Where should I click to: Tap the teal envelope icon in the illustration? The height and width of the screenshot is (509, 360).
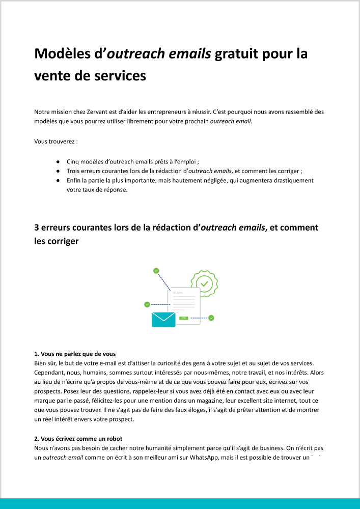point(163,319)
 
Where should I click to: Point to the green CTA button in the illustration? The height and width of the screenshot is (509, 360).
point(183,318)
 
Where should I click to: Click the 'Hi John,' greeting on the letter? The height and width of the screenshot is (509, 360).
point(178,293)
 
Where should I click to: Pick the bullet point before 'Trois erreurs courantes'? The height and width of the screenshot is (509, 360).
point(59,171)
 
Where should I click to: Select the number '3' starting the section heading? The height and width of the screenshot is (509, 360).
point(37,227)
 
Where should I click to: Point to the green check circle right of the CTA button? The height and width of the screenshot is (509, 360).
point(211,318)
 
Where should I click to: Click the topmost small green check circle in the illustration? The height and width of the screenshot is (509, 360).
point(156,271)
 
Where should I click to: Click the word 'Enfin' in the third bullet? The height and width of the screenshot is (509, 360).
point(74,180)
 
